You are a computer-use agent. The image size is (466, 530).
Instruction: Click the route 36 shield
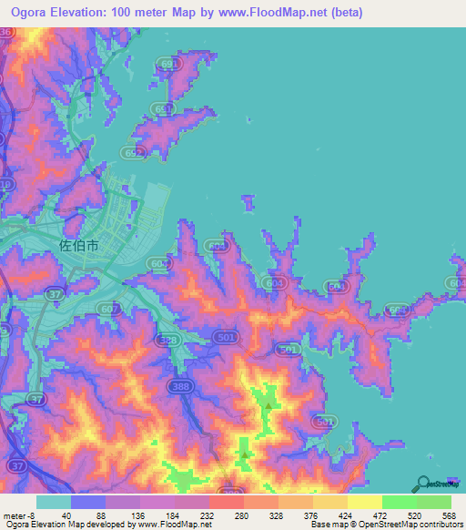[x=7, y=33]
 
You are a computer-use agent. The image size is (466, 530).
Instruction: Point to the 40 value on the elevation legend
[x=66, y=515]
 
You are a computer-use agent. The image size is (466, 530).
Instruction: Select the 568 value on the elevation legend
[x=449, y=515]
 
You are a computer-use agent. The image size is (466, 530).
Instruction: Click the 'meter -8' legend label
[x=19, y=515]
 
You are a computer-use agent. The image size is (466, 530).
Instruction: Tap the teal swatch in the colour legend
[x=54, y=502]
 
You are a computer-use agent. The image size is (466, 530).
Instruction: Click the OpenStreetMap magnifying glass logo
[x=422, y=484]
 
